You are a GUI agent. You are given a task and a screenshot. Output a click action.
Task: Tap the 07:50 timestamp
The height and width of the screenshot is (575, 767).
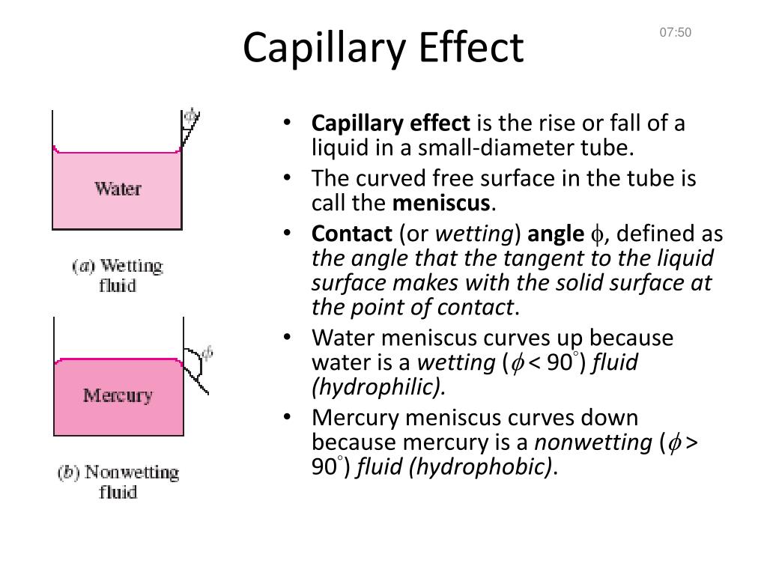tap(675, 32)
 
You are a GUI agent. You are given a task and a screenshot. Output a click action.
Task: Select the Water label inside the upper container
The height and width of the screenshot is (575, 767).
tap(118, 188)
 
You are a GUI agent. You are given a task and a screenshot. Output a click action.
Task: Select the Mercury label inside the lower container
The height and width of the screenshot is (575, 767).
tap(118, 395)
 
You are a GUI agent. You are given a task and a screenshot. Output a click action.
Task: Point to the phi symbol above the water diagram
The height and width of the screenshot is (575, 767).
tap(192, 116)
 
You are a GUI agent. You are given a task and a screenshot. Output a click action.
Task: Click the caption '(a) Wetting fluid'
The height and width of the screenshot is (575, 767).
tap(118, 276)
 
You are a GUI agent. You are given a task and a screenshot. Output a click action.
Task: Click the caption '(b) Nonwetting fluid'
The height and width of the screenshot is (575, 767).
tap(118, 482)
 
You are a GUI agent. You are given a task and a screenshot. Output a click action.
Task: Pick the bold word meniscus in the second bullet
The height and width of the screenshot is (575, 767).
tap(441, 203)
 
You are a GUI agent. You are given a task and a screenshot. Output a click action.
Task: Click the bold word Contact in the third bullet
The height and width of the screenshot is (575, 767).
tap(351, 234)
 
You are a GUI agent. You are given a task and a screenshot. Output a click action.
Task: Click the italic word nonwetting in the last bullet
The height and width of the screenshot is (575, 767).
tap(592, 442)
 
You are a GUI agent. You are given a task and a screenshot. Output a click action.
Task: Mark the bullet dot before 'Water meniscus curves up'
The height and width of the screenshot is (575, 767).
tap(288, 338)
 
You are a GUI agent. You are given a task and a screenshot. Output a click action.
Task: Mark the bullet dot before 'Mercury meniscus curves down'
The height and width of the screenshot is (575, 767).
tap(288, 417)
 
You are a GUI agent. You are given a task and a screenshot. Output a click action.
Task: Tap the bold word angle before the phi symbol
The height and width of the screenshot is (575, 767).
tap(556, 234)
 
